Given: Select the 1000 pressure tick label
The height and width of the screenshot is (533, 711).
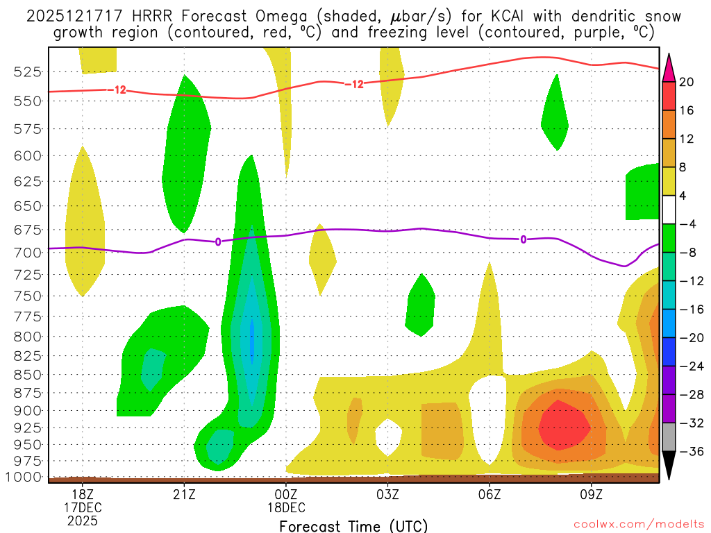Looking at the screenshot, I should coord(26,477).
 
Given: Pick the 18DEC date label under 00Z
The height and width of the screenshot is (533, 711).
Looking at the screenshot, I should coord(286,507).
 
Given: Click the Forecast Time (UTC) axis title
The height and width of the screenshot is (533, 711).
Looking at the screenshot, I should coord(353,525).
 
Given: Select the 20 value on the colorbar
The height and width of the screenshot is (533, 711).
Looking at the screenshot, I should coord(687,82).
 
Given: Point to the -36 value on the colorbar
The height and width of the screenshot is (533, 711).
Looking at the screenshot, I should coord(687,451).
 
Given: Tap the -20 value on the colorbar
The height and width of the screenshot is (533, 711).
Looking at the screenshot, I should coord(687,337).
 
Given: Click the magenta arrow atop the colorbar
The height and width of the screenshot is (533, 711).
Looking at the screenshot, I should coord(669,67).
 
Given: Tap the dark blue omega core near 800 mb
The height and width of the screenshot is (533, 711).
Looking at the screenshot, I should coord(251,337).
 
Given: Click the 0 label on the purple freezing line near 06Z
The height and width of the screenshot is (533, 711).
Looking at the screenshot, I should coord(523,239).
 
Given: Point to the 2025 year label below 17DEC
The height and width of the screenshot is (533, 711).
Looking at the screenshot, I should coord(83,520).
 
